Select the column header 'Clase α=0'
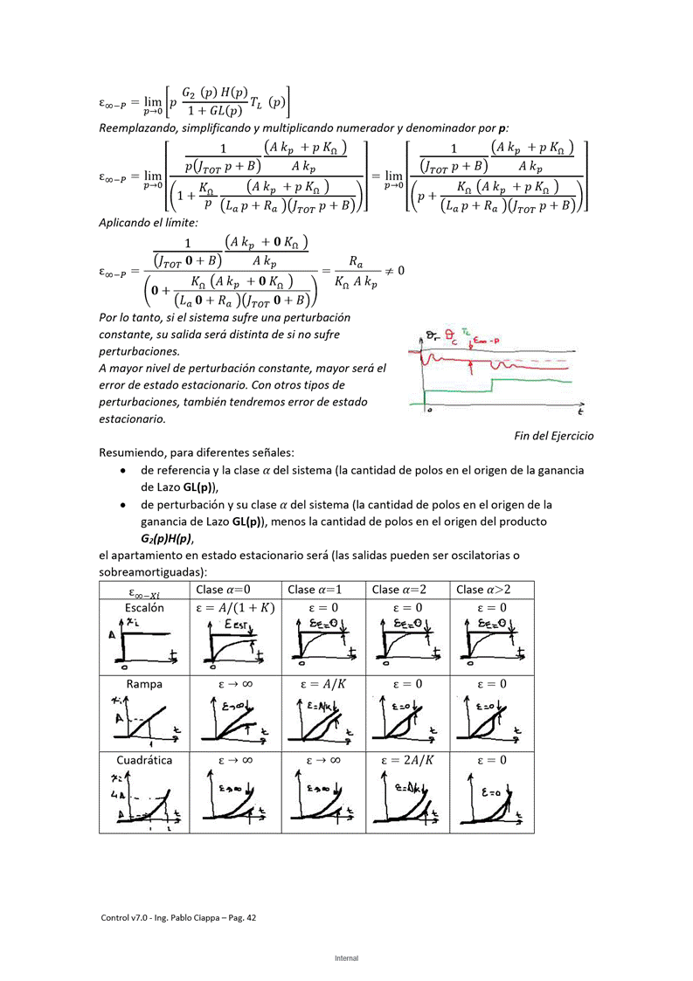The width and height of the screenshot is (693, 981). [225, 590]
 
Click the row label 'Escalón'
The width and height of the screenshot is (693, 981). [144, 607]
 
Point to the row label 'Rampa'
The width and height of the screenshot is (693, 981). [144, 684]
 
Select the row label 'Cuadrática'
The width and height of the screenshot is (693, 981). [144, 760]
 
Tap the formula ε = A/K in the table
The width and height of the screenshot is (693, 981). [323, 684]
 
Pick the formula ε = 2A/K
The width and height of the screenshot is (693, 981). [407, 760]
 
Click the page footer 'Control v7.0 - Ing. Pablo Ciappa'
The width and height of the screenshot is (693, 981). [178, 918]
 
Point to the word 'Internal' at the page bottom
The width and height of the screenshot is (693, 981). [346, 958]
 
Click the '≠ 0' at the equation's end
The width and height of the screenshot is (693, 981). [394, 271]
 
